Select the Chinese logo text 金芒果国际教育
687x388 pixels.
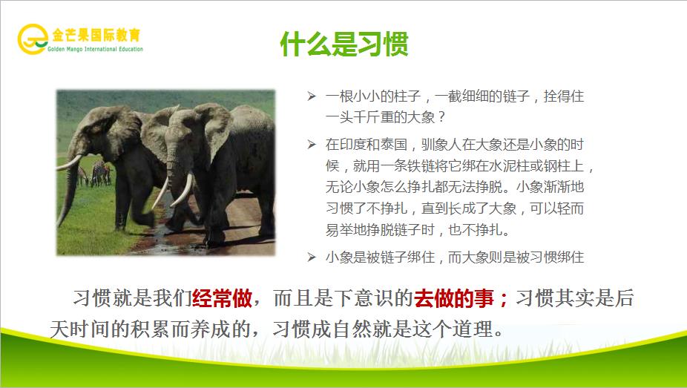pos(96,35)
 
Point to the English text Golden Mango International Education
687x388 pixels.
pos(96,49)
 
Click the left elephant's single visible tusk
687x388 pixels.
pos(70,162)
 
